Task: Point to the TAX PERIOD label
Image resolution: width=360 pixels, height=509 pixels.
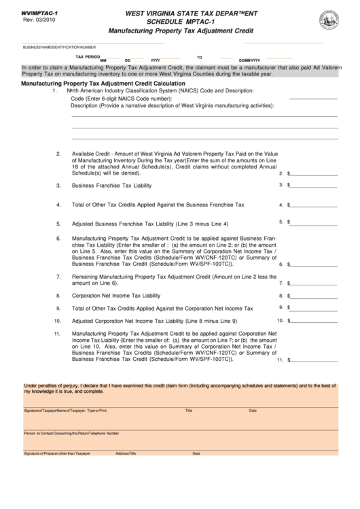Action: click(88, 57)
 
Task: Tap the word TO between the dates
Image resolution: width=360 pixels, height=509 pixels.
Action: click(200, 58)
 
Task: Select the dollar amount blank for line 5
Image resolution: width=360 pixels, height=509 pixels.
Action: click(314, 222)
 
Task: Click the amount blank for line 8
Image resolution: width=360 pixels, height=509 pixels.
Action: click(314, 296)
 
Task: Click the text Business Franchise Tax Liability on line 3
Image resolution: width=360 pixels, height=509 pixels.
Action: click(112, 186)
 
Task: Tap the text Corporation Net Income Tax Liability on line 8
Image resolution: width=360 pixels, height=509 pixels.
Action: click(116, 296)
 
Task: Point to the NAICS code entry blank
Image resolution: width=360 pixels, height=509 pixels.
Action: click(313, 98)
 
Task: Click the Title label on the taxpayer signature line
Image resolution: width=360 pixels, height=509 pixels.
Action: click(190, 411)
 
